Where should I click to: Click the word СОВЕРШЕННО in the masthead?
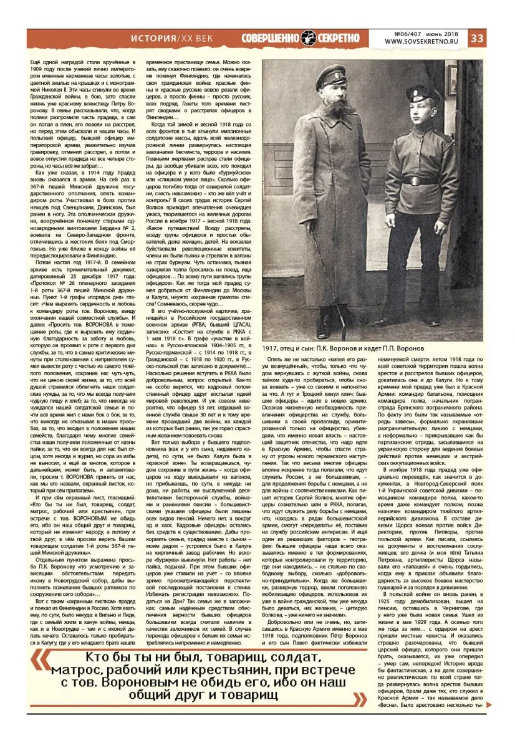[x=270, y=38]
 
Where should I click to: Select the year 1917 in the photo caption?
[x=272, y=347]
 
